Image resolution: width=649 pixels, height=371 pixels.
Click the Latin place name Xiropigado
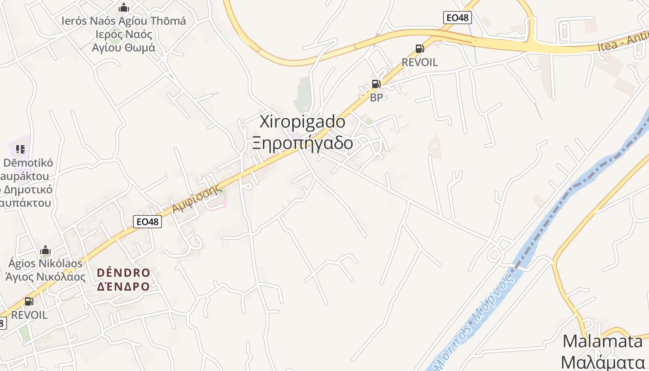[x=302, y=122]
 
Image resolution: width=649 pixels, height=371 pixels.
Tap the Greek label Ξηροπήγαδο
[x=302, y=143]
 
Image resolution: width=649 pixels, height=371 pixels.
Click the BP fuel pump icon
[x=376, y=84]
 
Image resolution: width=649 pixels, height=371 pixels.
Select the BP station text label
[x=376, y=97]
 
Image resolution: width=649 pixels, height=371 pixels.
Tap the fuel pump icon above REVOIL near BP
[x=420, y=49]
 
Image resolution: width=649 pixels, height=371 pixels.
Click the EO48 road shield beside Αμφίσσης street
[x=148, y=222]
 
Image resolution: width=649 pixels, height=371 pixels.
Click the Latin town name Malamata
[x=603, y=342]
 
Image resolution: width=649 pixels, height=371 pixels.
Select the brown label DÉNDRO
[x=123, y=272]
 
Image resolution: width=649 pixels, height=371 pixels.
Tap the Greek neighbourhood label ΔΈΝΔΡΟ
[x=123, y=286]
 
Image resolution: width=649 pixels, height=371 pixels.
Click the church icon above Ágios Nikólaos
[x=45, y=250]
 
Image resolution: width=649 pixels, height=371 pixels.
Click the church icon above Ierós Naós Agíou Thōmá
[x=124, y=8]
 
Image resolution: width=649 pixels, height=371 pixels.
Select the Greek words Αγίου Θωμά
[x=124, y=47]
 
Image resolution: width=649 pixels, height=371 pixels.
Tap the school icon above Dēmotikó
[x=20, y=149]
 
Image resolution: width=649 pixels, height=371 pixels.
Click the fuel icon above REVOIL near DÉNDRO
[x=29, y=301]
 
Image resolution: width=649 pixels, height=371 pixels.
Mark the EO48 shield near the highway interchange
[x=457, y=18]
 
